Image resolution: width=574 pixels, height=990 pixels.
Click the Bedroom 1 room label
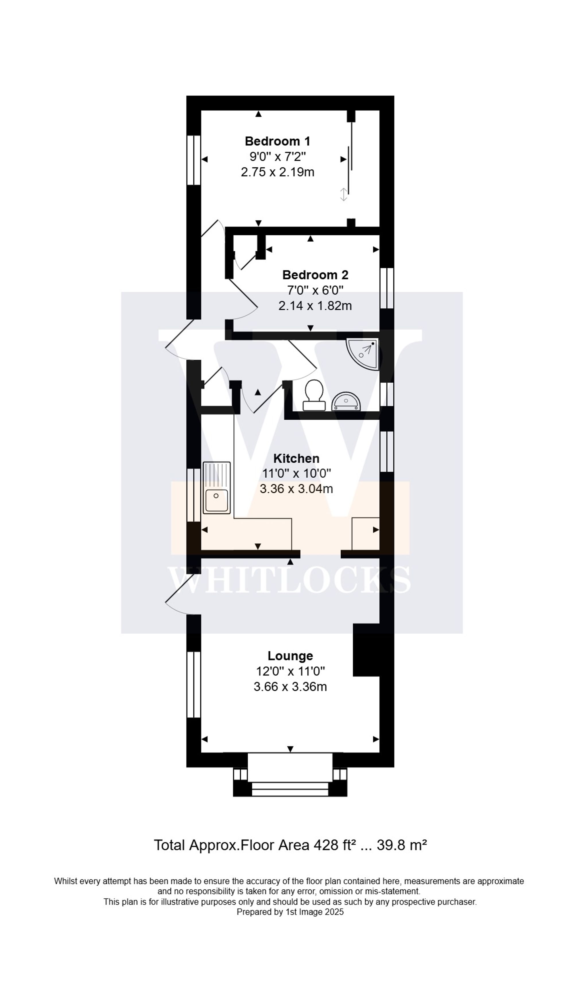point(277,141)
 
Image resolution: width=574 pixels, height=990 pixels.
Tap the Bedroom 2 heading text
point(315,275)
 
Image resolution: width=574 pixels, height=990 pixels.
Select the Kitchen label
point(296,458)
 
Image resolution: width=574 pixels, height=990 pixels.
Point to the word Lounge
point(290,656)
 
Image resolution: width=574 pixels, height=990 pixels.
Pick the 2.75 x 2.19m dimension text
point(277,172)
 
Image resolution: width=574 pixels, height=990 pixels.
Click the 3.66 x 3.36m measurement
point(290,687)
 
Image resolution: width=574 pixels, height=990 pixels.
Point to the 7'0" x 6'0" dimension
point(315,290)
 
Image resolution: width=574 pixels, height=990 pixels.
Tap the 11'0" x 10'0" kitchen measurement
point(296,474)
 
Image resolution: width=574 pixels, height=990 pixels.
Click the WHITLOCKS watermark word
point(290,580)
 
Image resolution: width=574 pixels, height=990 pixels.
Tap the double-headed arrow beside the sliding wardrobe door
point(343,194)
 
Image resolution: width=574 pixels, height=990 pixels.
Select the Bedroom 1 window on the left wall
point(194,160)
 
